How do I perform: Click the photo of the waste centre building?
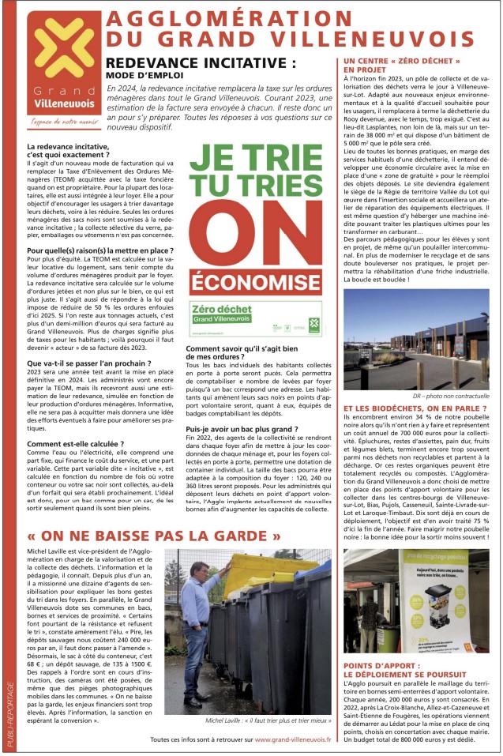click(x=415, y=339)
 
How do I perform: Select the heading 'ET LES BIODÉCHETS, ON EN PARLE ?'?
click(x=414, y=408)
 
